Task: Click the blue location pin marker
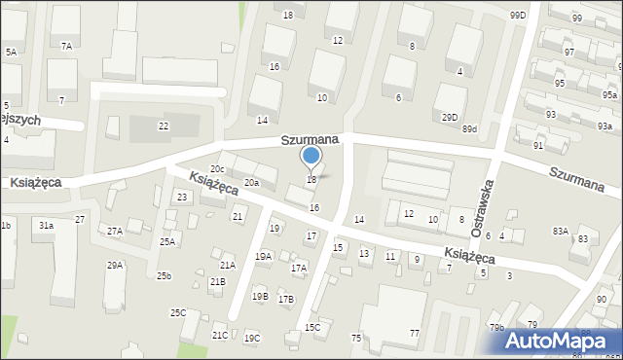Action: point(311,156)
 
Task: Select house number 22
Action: point(164,126)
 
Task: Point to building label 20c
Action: point(217,169)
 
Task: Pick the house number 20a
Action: point(252,182)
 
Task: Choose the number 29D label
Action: point(449,118)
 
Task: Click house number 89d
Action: point(470,128)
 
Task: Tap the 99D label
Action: point(517,15)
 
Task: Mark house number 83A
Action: point(560,231)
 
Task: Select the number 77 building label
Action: point(414,334)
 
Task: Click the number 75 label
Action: point(356,338)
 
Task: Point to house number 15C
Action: point(312,328)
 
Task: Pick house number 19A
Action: point(263,256)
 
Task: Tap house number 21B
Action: point(217,281)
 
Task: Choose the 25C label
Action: point(178,312)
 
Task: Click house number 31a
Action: point(46,226)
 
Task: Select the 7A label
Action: point(66,46)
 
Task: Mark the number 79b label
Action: point(497,327)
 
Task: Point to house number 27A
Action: point(115,231)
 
